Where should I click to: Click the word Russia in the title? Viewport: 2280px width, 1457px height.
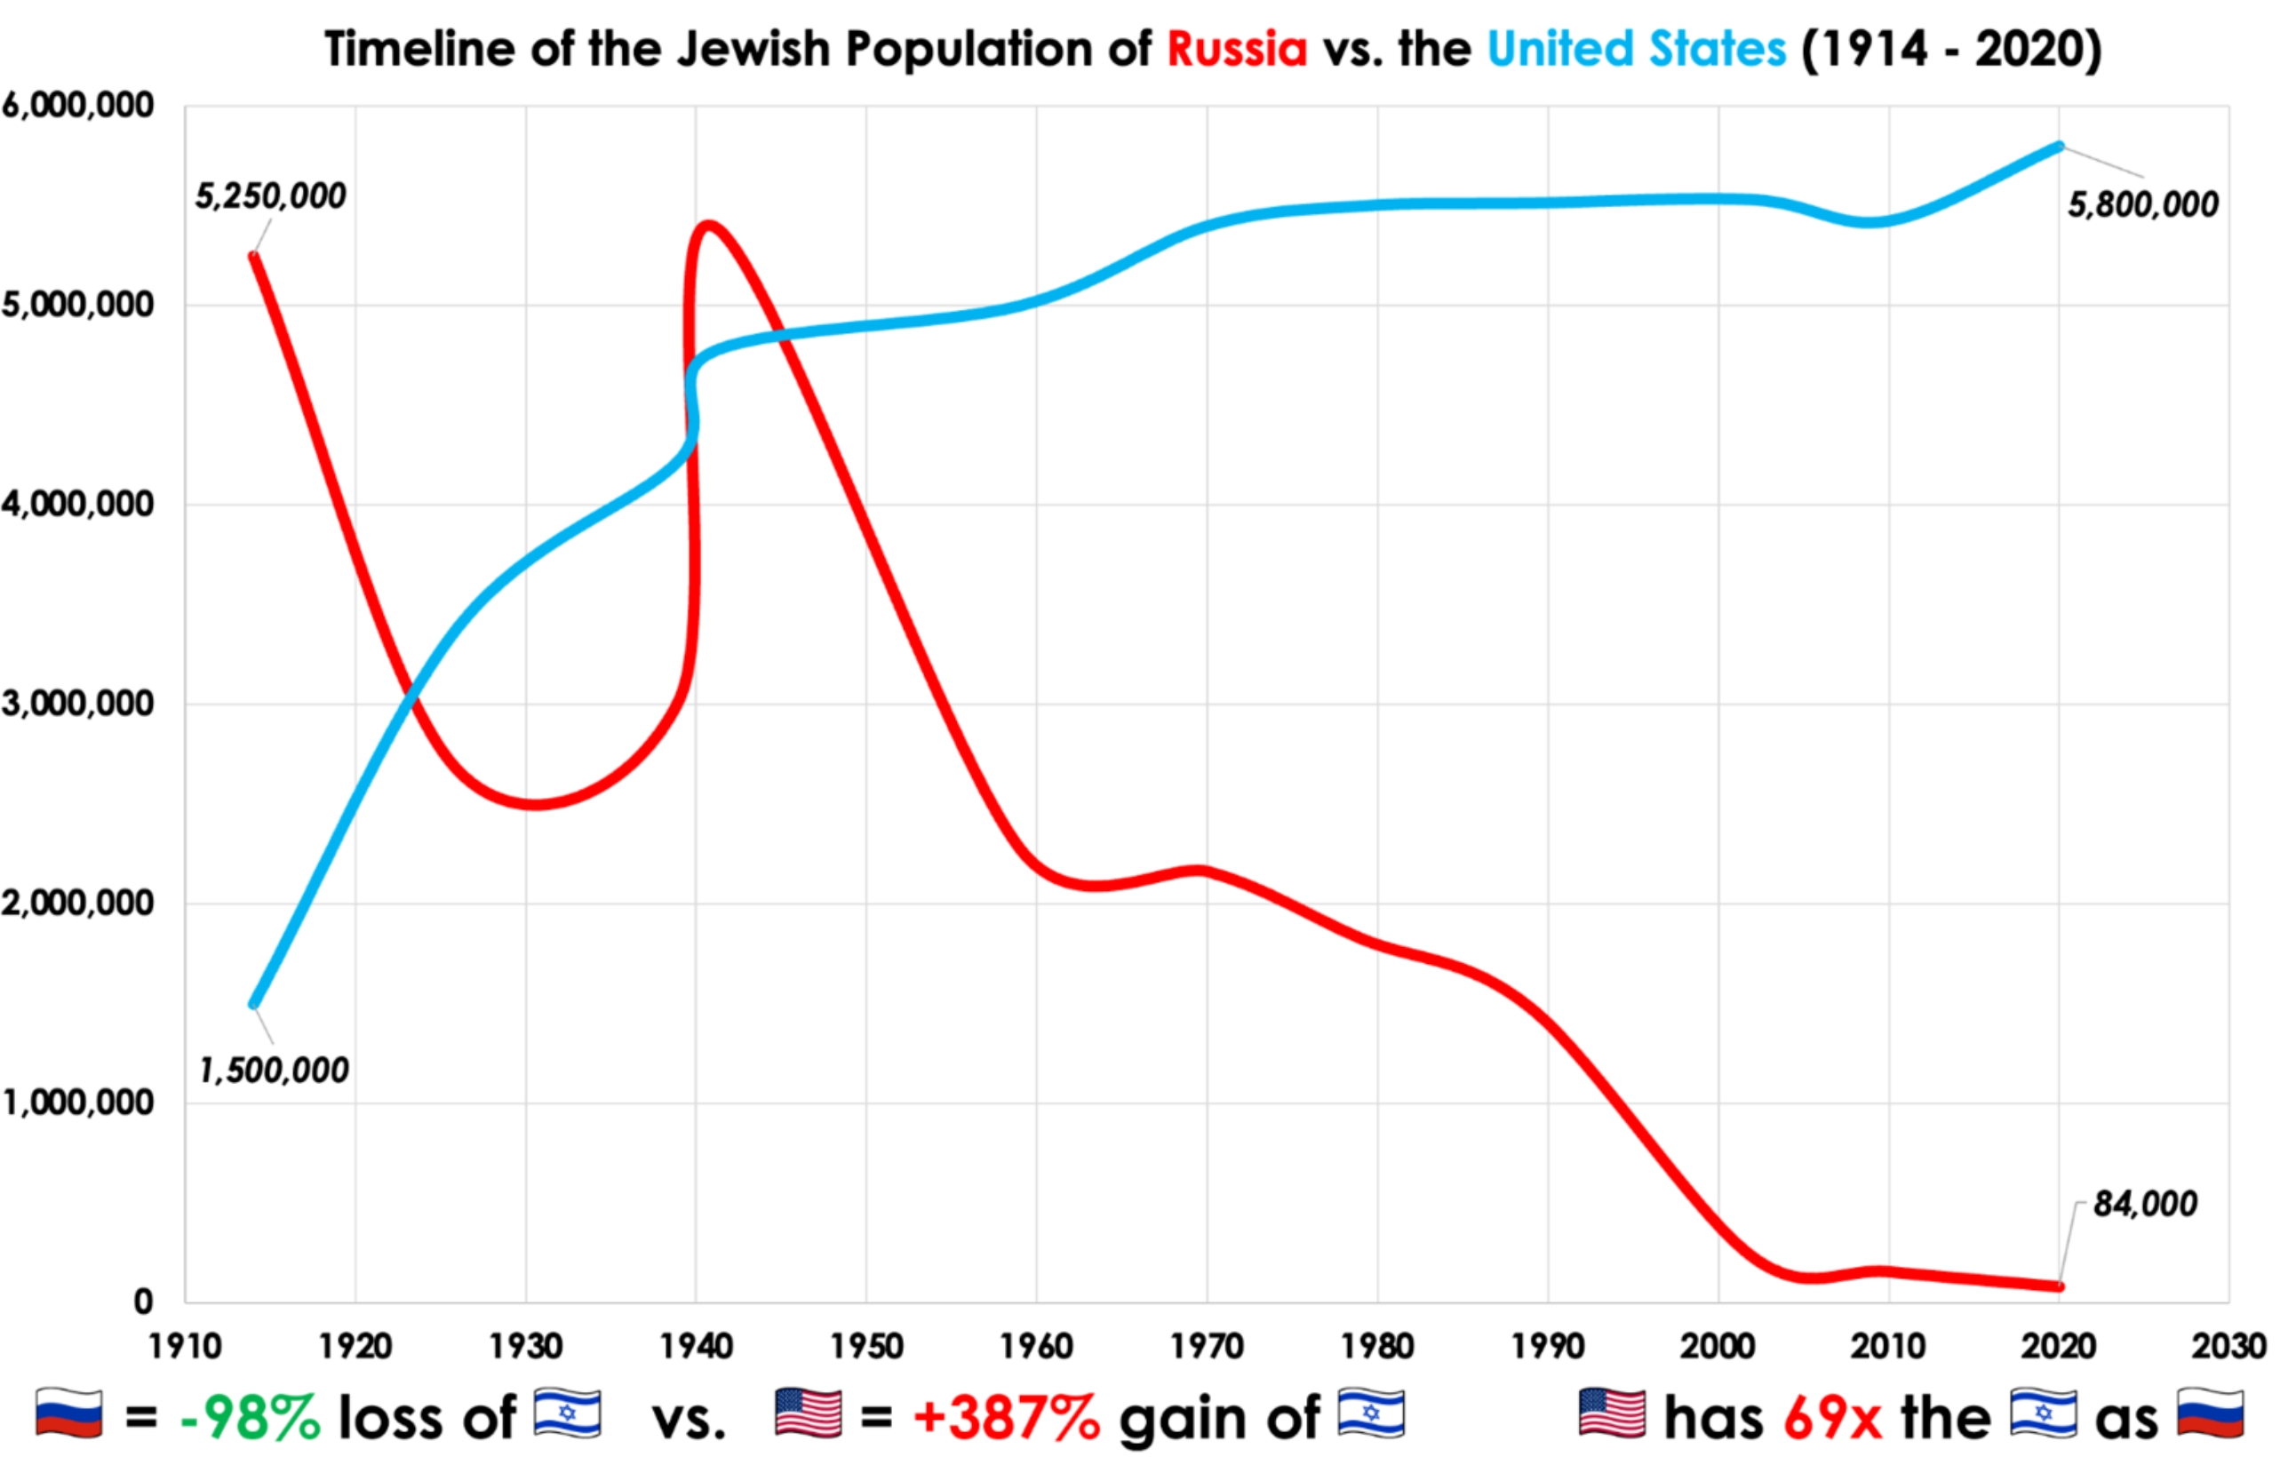[1237, 49]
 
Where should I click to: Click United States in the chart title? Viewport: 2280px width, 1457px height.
[1636, 49]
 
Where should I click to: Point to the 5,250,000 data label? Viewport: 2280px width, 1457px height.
[270, 197]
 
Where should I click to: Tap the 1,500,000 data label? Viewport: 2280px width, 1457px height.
[274, 1071]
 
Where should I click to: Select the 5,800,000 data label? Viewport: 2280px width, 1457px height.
[2141, 205]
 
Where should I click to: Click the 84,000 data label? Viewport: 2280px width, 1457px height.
[2145, 1204]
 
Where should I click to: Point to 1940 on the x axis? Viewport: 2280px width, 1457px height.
[696, 1346]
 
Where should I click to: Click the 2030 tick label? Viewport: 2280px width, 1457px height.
[2228, 1346]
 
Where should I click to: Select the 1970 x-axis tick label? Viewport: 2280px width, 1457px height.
[1208, 1346]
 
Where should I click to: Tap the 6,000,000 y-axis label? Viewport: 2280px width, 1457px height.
[77, 105]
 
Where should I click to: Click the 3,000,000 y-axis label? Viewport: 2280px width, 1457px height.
[77, 704]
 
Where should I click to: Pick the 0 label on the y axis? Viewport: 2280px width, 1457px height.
[143, 1302]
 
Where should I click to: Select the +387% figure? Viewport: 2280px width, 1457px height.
[1007, 1417]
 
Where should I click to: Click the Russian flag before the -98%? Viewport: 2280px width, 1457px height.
[69, 1414]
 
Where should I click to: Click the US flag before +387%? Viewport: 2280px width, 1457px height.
[808, 1414]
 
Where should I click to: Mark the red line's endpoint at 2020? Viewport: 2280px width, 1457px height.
[2060, 1286]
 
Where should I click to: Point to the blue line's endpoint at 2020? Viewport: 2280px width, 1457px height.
[2060, 146]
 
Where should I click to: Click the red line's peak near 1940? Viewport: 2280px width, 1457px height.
[707, 225]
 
